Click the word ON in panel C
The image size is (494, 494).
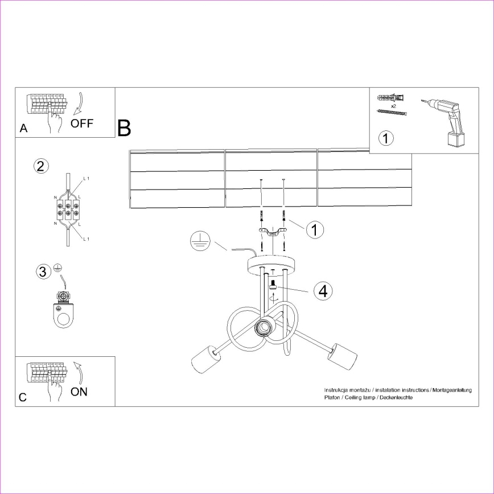[x=80, y=392]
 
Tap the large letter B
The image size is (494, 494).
[x=124, y=129]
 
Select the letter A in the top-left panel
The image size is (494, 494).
[x=23, y=129]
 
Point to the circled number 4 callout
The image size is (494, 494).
[x=323, y=291]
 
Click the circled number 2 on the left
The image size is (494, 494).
[x=40, y=166]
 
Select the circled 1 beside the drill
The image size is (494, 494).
[x=386, y=138]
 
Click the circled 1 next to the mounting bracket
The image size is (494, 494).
[x=315, y=229]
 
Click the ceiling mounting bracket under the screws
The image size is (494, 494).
[x=273, y=233]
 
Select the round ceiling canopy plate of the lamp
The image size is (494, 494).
[x=273, y=264]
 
